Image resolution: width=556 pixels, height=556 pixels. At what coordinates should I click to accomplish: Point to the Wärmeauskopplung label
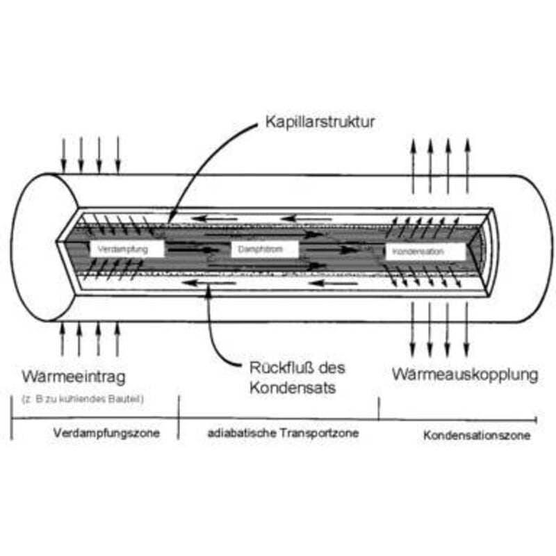point(464,375)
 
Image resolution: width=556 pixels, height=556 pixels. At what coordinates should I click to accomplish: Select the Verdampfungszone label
point(106,433)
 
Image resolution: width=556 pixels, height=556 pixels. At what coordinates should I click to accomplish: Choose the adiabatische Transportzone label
point(284,433)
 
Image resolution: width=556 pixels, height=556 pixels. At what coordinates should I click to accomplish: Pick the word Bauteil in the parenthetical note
point(126,399)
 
